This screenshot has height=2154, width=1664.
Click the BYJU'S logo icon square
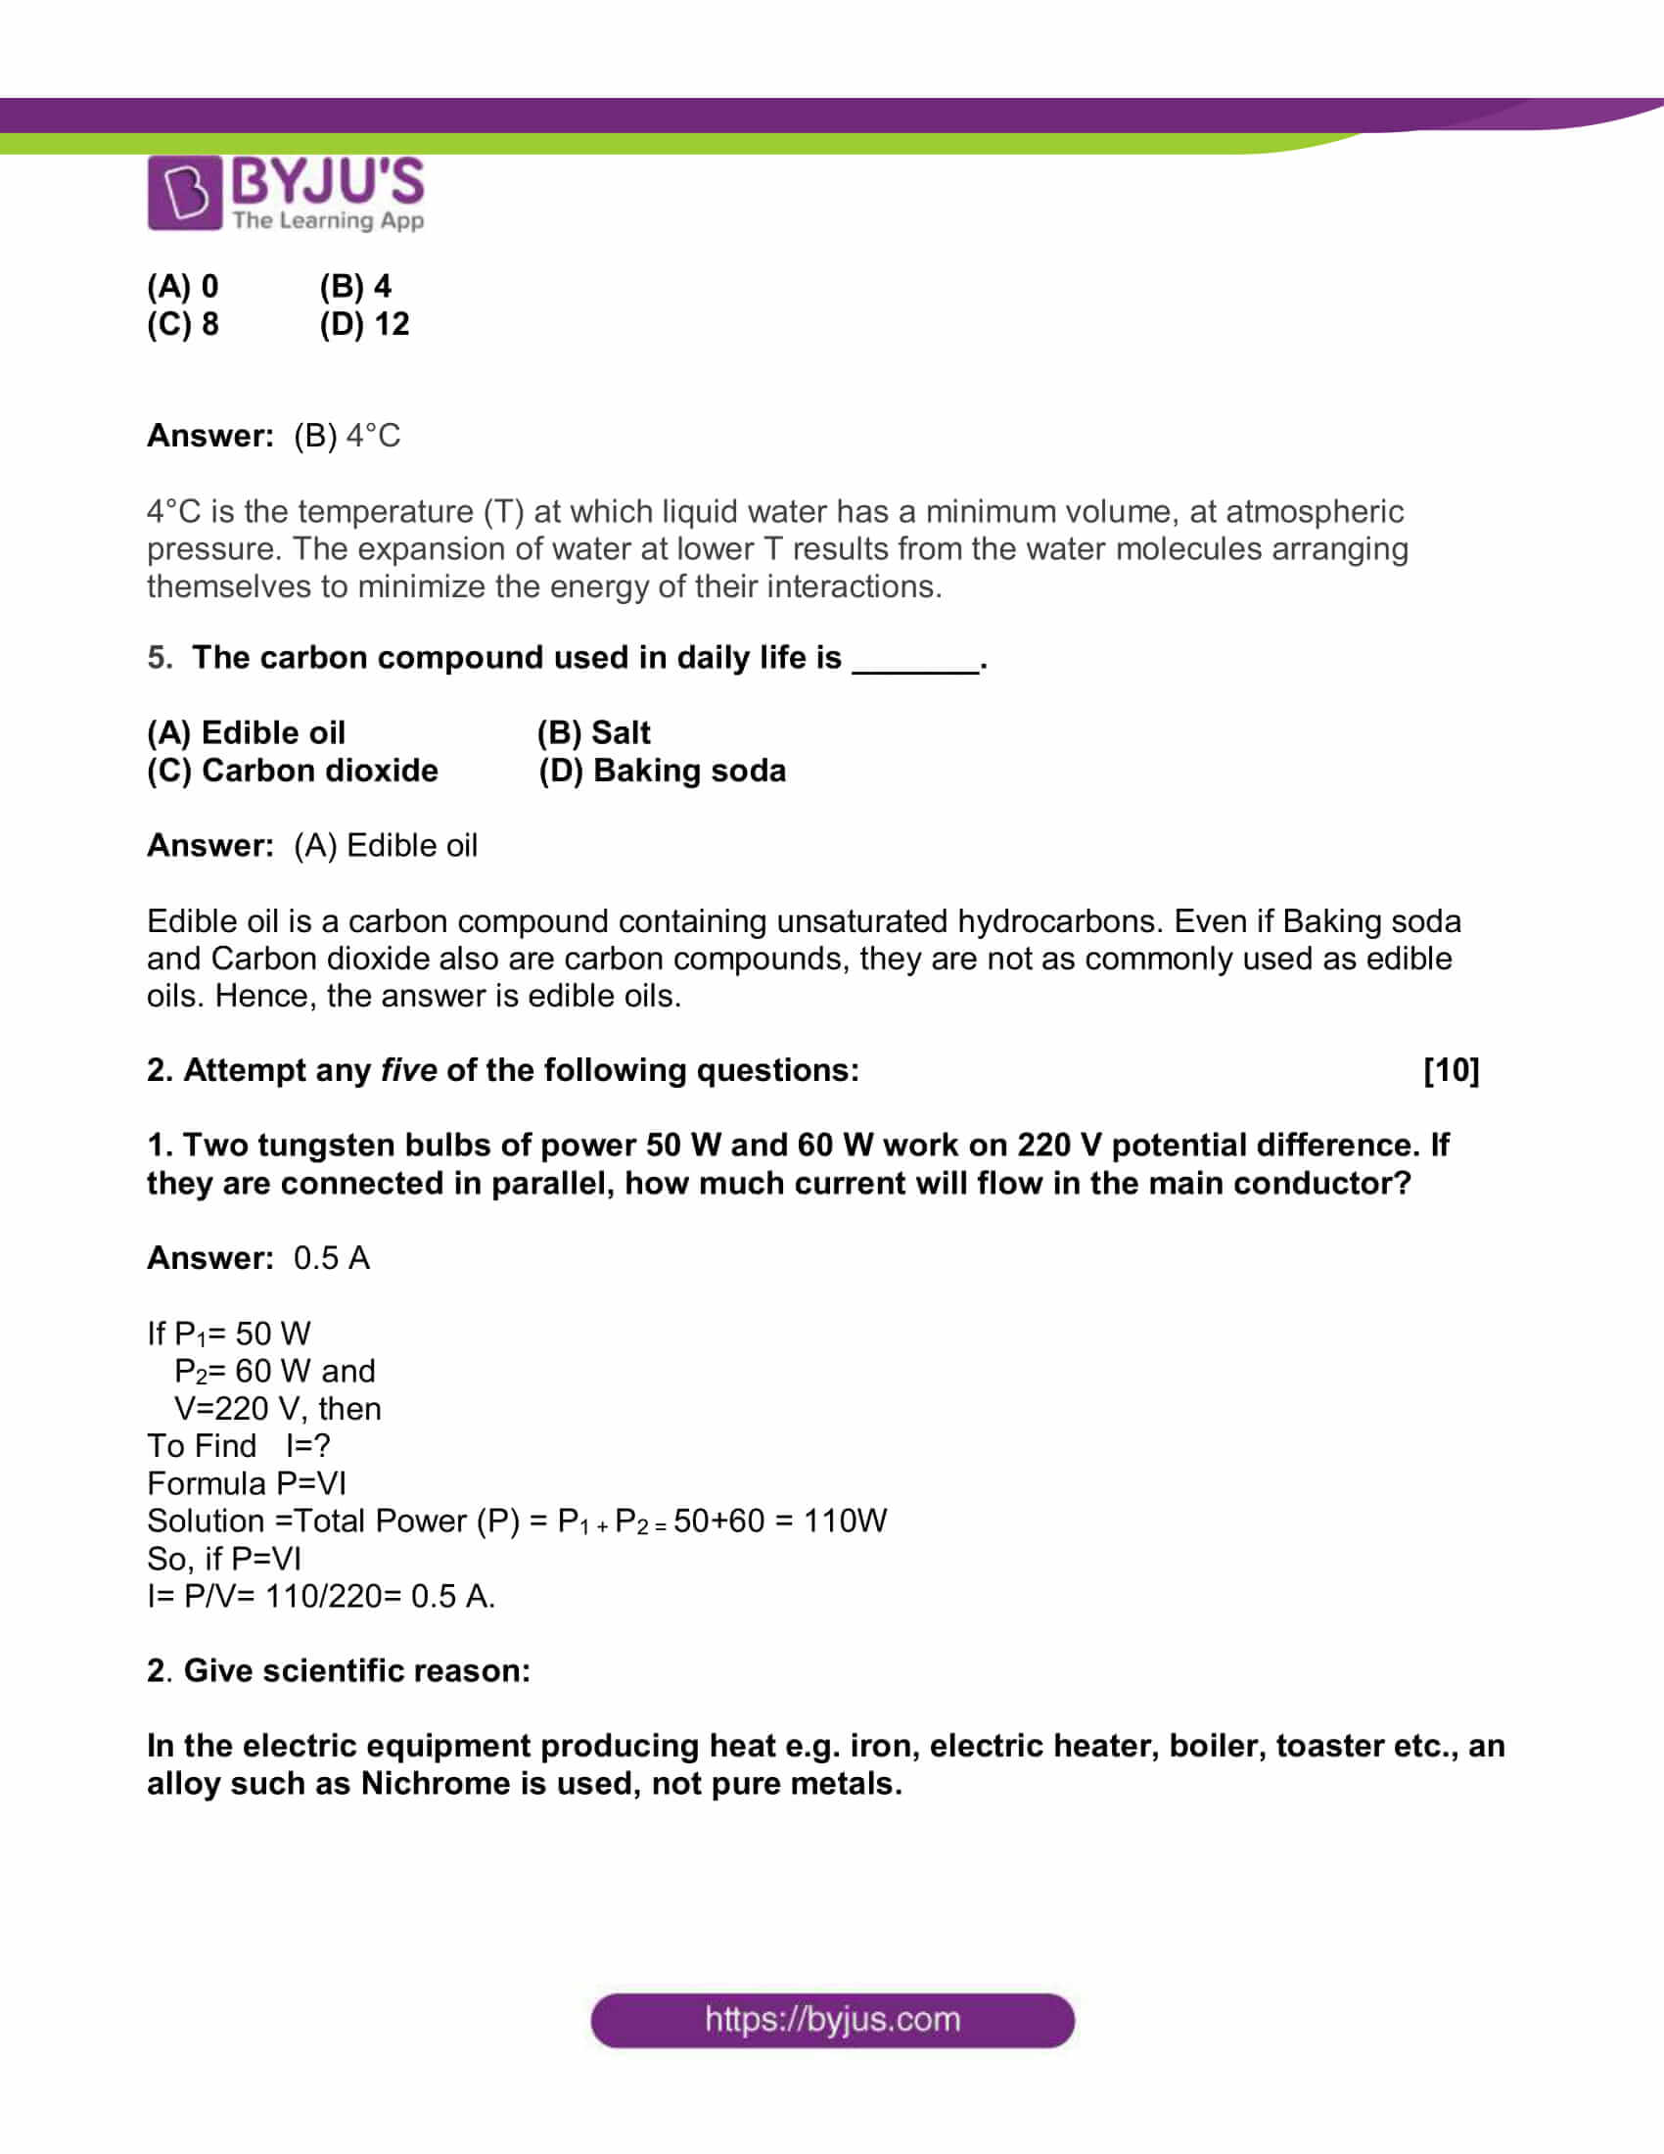(184, 192)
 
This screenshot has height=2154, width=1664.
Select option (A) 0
(182, 286)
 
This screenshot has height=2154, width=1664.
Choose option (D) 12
(364, 324)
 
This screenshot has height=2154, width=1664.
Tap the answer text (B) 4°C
(347, 436)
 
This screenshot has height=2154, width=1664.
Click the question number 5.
(159, 658)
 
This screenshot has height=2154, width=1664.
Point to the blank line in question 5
(916, 663)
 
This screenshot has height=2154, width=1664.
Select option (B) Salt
(593, 732)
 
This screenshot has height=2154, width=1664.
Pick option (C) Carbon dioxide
(292, 771)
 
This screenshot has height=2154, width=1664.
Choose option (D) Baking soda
(662, 771)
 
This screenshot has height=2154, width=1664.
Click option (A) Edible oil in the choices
(246, 732)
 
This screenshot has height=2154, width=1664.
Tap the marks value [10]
(1450, 1070)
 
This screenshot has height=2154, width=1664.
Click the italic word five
(408, 1070)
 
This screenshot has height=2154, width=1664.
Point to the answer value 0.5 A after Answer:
(331, 1258)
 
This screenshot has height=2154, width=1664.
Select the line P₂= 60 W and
(274, 1371)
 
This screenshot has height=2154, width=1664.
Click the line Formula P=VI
(247, 1483)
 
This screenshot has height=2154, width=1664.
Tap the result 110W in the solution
(845, 1521)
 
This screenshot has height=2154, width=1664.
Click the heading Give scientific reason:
(357, 1670)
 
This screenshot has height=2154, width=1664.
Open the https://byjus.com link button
(832, 2019)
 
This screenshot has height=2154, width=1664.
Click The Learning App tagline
(328, 220)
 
